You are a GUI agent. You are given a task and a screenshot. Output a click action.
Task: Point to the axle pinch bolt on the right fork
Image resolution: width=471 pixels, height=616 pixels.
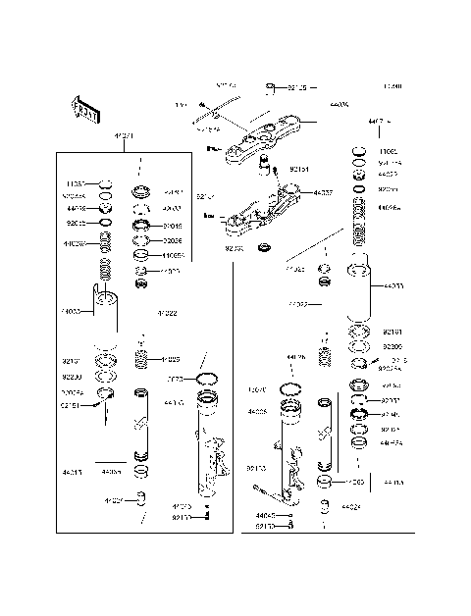point(260,488)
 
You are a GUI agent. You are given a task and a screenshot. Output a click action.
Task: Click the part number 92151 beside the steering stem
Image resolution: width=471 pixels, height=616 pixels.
point(299,170)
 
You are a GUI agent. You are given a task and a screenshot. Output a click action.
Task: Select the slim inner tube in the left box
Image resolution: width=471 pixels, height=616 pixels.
point(140,427)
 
